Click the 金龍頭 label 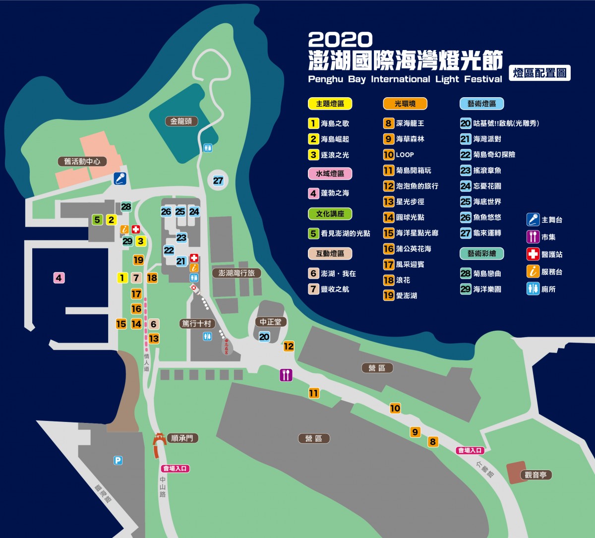181,121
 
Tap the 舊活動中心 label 82,161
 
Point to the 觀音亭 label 535,475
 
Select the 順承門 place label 182,438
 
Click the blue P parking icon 118,461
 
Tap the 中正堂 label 270,322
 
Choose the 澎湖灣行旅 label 237,273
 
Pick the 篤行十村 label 197,324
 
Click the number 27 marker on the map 218,180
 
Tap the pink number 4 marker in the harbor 59,278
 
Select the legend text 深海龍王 410,123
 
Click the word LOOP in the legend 405,155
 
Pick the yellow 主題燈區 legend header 330,104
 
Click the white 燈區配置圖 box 539,73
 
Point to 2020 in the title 340,40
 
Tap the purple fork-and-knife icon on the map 286,375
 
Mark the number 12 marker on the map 289,346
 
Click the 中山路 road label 163,486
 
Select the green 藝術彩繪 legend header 481,253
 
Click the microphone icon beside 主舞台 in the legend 533,220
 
